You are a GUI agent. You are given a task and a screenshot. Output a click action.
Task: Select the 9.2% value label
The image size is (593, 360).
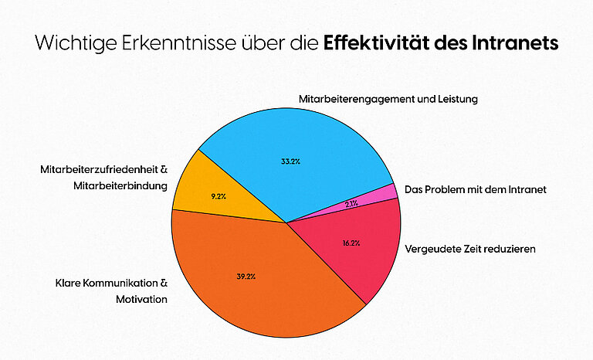coord(219,196)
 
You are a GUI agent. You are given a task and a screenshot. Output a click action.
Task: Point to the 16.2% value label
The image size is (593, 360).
coord(351,243)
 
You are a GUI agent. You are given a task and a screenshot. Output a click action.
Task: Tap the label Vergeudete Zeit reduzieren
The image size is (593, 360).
coord(470,250)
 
